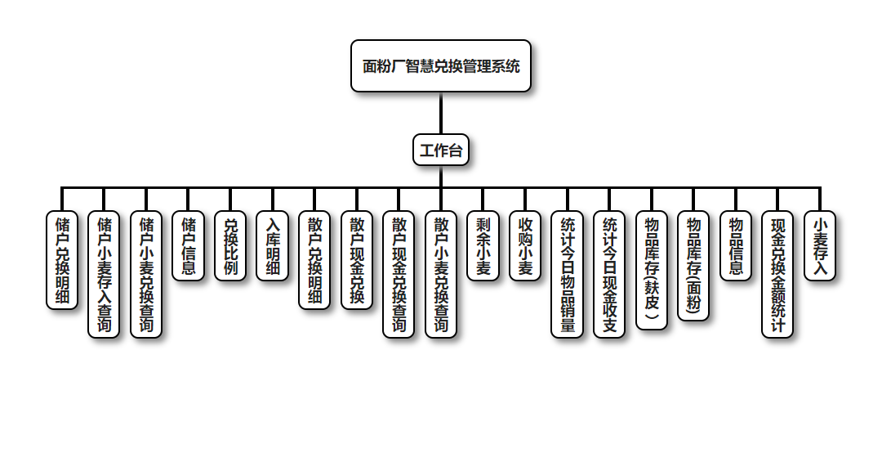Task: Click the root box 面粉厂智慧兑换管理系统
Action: click(x=441, y=66)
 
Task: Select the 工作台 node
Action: click(x=441, y=150)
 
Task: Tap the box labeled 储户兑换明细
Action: click(x=62, y=259)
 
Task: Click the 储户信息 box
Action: click(x=189, y=246)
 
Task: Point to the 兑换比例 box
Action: click(x=230, y=246)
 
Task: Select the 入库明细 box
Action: click(x=273, y=246)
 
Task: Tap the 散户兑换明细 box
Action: click(x=314, y=259)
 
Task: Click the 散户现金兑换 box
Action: click(x=357, y=259)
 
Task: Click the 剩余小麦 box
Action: click(x=483, y=246)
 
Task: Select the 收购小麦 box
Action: click(x=525, y=246)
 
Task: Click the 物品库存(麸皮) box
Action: click(x=652, y=269)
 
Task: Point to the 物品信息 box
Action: click(x=736, y=246)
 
